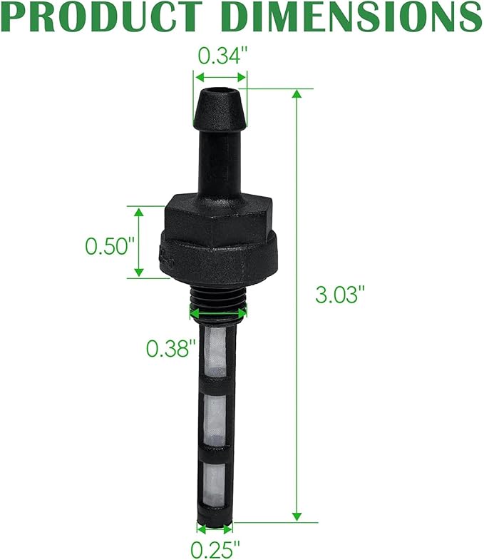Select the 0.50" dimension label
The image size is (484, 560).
click(x=110, y=246)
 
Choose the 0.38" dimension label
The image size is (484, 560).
click(x=170, y=348)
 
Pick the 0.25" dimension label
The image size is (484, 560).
click(x=215, y=549)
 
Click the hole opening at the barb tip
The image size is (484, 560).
click(x=220, y=92)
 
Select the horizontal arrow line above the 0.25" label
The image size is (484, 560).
click(x=215, y=529)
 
